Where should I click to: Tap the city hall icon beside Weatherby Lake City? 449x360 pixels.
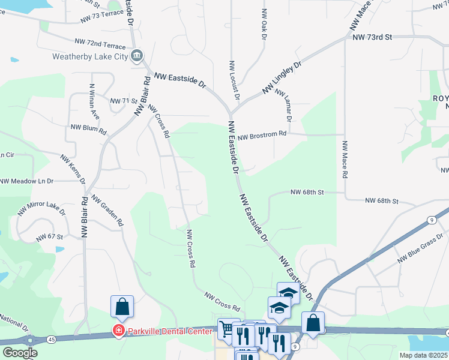(x=137, y=56)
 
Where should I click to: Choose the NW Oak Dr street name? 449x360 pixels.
(x=264, y=24)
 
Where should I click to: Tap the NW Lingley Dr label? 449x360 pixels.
(x=282, y=78)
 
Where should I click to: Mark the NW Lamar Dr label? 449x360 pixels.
(x=284, y=105)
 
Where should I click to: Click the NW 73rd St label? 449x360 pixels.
(x=372, y=37)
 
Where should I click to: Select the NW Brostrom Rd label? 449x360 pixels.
(x=262, y=137)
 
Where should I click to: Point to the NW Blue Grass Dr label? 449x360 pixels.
(x=420, y=251)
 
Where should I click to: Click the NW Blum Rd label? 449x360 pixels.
(x=88, y=128)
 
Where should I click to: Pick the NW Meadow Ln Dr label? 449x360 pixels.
(x=27, y=181)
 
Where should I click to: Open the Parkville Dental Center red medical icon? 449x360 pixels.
(x=118, y=331)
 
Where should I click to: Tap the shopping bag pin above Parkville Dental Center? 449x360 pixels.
(x=122, y=307)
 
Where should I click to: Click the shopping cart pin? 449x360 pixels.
(x=228, y=328)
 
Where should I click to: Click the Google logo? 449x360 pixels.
(x=20, y=353)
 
